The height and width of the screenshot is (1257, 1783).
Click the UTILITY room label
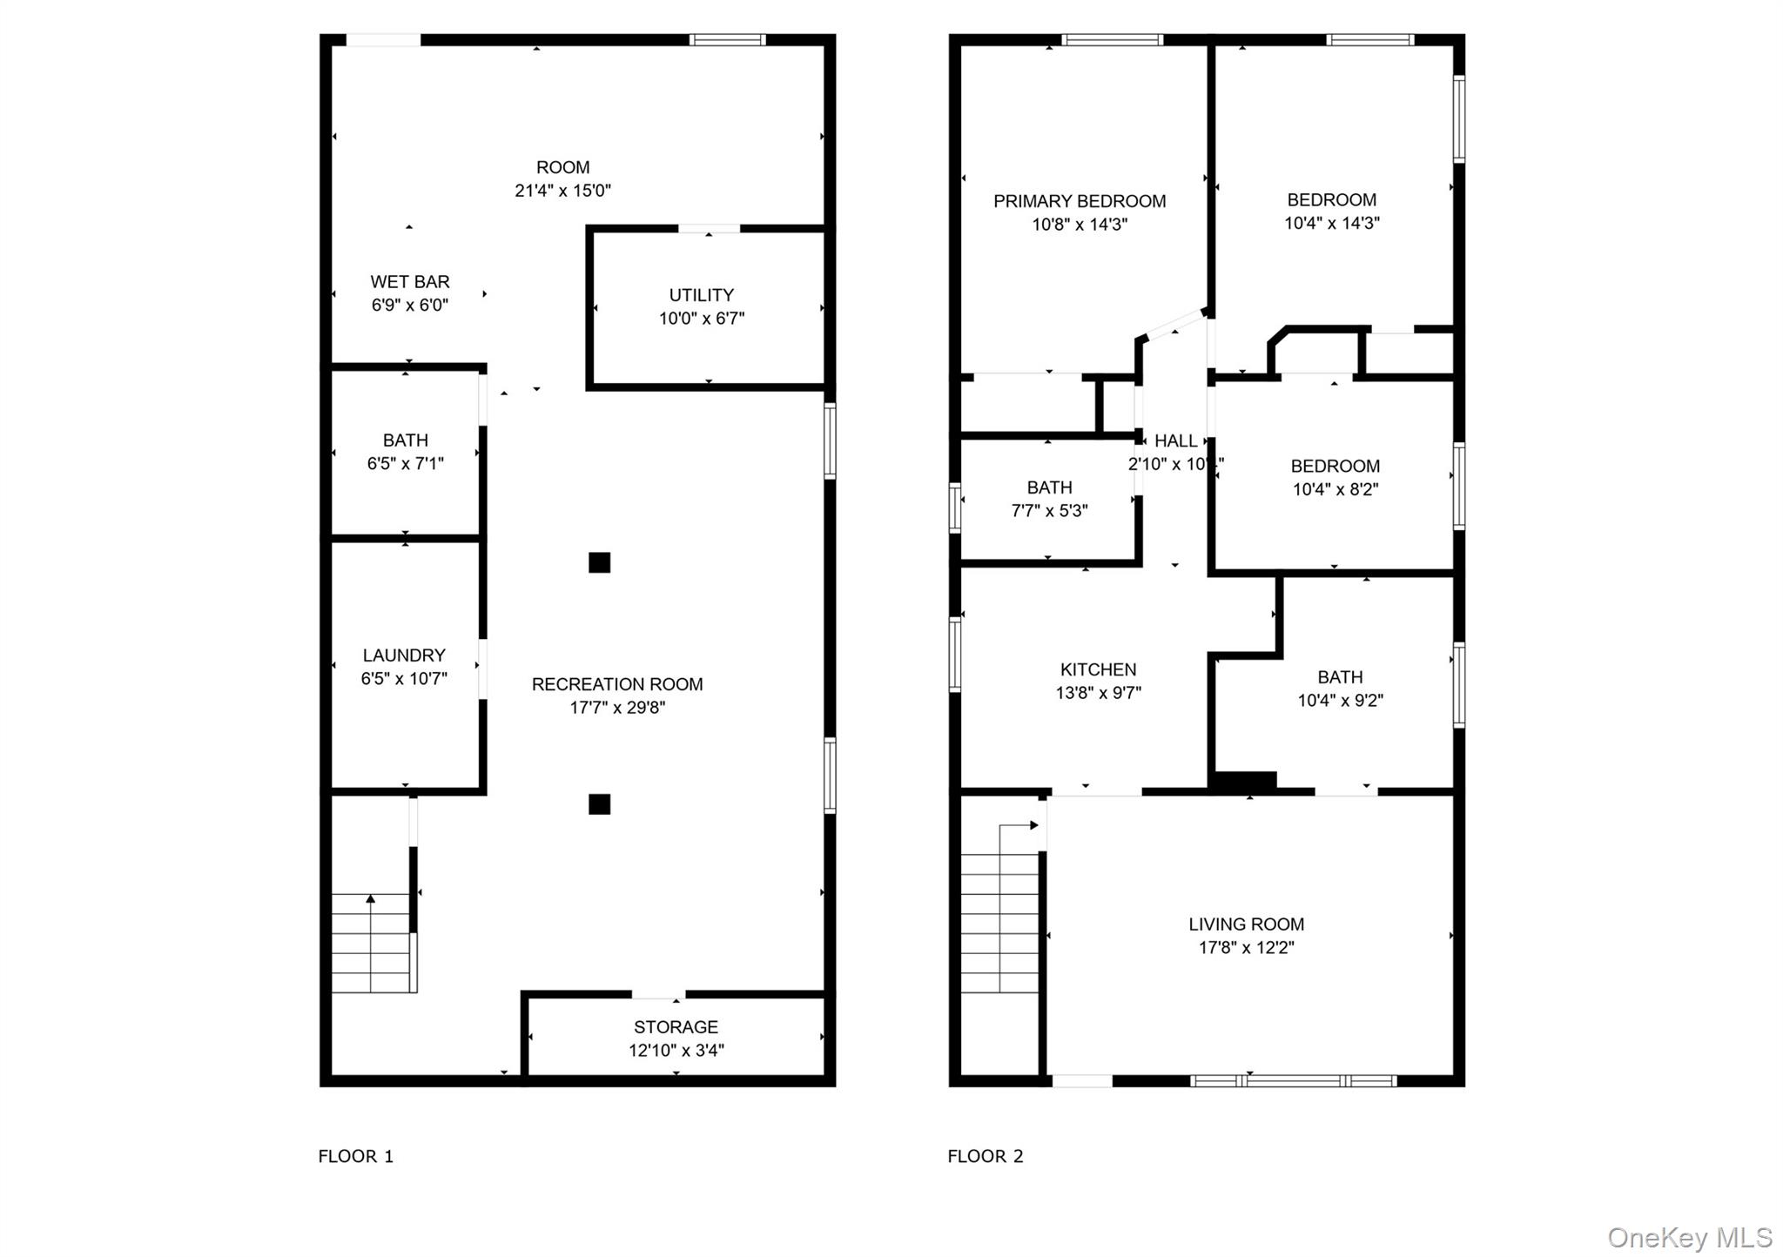[701, 295]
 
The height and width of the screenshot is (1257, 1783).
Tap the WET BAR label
[409, 282]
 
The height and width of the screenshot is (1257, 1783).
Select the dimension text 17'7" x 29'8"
[617, 708]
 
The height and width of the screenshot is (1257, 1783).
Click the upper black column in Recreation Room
[599, 562]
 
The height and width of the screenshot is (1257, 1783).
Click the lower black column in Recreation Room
[599, 803]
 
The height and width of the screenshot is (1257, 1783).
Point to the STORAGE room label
[676, 1027]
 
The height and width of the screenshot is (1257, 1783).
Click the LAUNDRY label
[404, 655]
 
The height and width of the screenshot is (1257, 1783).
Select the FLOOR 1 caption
[355, 1156]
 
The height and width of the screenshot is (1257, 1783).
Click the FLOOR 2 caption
[985, 1156]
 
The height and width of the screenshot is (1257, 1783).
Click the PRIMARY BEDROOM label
[1080, 201]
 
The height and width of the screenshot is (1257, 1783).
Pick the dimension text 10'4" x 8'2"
[1335, 489]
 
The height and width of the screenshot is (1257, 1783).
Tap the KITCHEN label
[1098, 669]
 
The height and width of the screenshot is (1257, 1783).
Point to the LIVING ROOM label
[1246, 924]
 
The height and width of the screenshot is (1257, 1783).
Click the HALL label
[1175, 441]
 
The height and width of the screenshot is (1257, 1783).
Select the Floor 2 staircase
[999, 923]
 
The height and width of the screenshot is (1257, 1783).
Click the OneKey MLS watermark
[1689, 1237]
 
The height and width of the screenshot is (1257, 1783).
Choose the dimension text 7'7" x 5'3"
[1049, 511]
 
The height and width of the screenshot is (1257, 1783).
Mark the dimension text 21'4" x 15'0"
[562, 191]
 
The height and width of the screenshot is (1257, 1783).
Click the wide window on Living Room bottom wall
[1293, 1081]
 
